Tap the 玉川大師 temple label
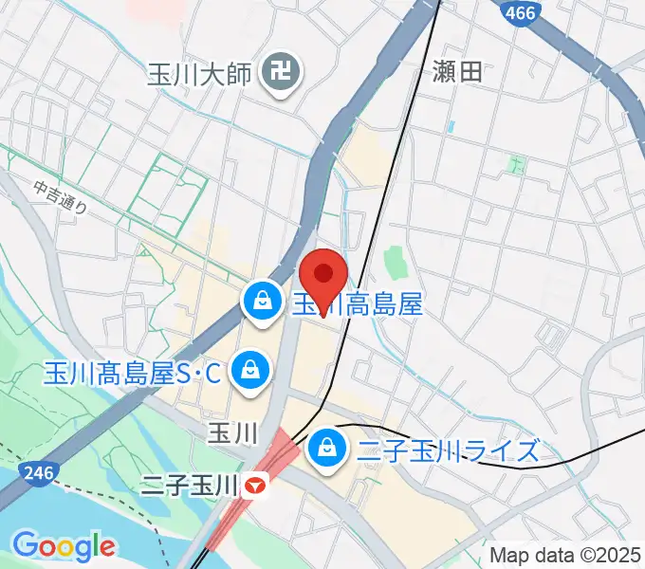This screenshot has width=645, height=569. click(x=200, y=72)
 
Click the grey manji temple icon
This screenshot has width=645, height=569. click(x=282, y=71)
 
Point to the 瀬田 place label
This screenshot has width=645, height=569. click(x=456, y=72)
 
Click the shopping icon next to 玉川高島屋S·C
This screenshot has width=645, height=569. click(x=250, y=368)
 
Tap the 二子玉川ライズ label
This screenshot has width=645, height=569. click(x=450, y=450)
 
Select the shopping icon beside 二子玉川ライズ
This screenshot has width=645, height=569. click(x=327, y=444)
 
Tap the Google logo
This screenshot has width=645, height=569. click(x=64, y=546)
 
